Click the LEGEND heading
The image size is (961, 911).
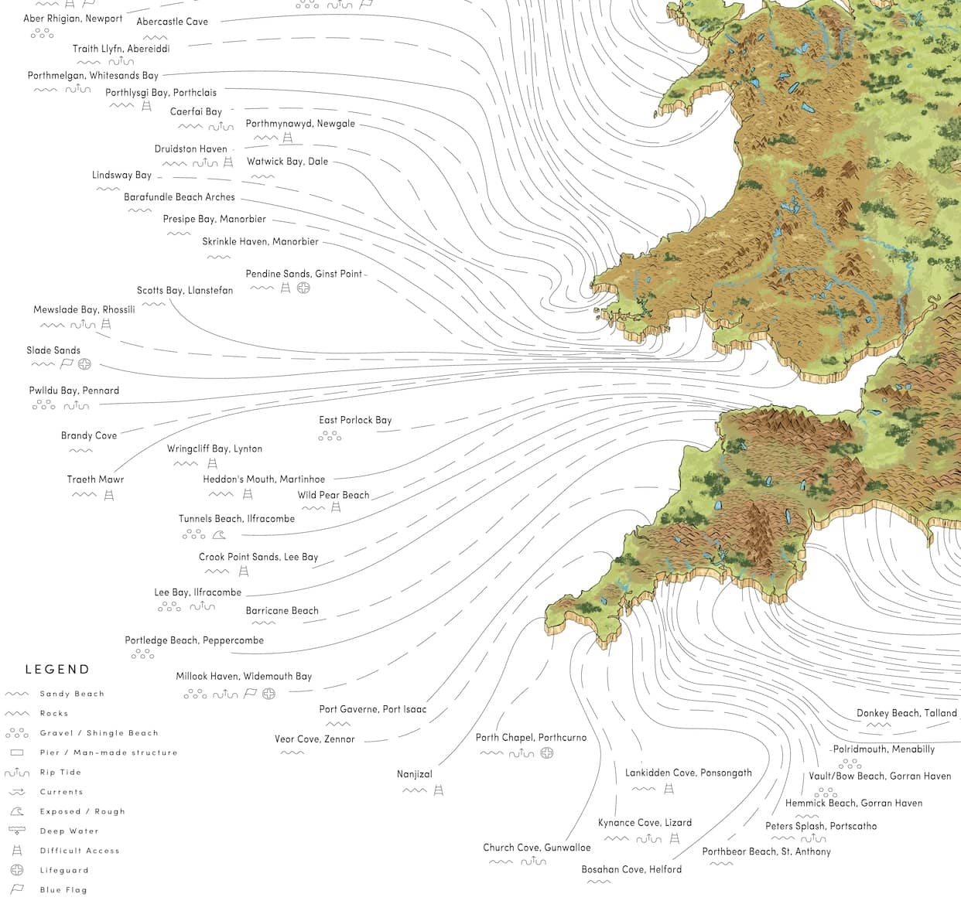coord(57,670)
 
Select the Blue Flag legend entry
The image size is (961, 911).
coord(63,890)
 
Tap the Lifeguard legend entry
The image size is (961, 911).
coord(64,870)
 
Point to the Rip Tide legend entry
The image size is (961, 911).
coord(60,773)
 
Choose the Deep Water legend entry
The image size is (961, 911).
coord(69,831)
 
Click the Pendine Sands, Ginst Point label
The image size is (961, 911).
coord(304,274)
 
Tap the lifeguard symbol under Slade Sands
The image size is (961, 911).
coord(85,364)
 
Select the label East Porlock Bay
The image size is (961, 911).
coord(355,420)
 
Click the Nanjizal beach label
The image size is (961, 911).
coord(415,774)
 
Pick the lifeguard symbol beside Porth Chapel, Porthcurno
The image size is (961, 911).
coord(547,752)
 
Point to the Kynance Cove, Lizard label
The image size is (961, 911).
coord(645,823)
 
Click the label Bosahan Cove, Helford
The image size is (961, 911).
coord(631,869)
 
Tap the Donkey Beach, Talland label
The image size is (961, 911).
coord(906,713)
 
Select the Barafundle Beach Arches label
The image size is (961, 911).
coord(179,197)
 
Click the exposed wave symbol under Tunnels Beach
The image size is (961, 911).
coord(219,534)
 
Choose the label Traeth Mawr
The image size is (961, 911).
coord(95,479)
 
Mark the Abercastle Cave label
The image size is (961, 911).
coord(172,22)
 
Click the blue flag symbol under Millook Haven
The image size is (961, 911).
coord(250,694)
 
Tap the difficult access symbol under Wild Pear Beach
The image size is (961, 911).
coord(336,508)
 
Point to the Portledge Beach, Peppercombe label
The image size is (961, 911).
coord(194,640)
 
